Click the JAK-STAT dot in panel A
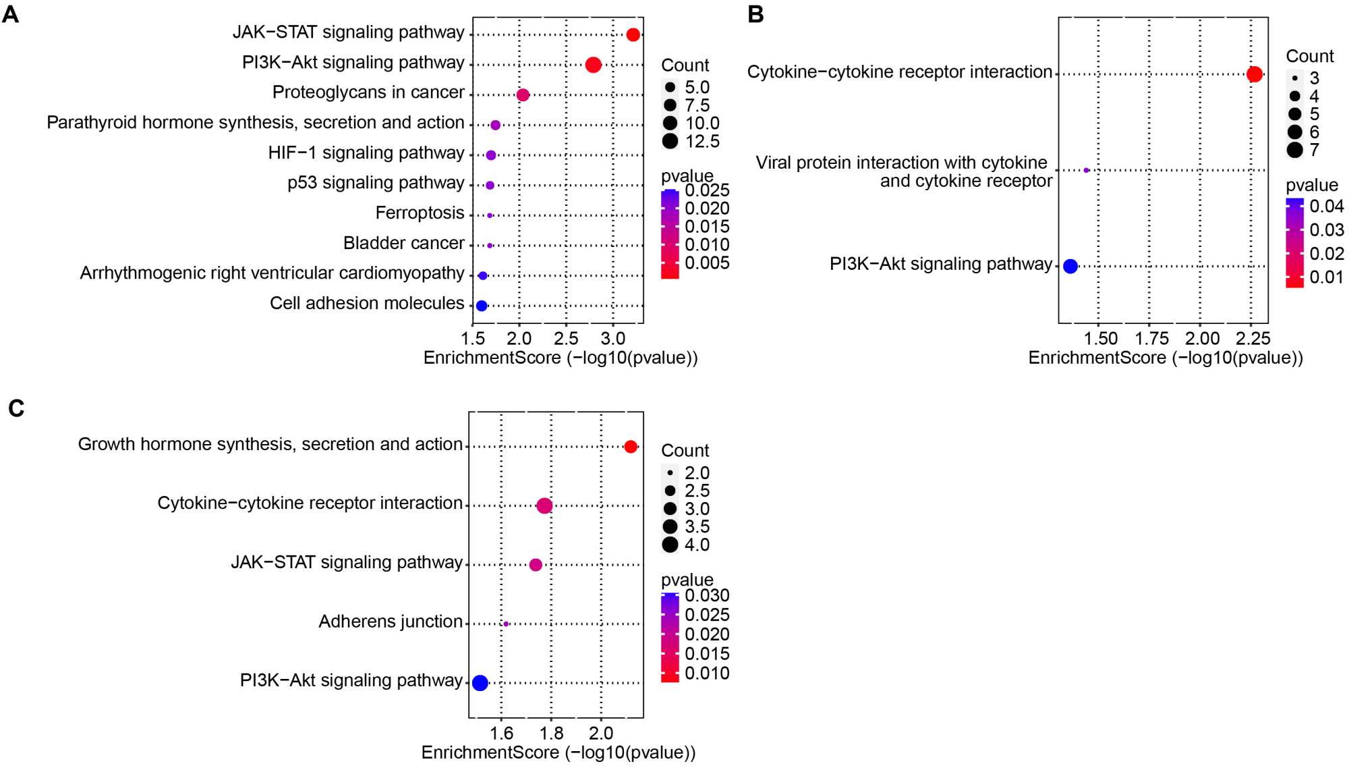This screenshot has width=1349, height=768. pyautogui.click(x=633, y=34)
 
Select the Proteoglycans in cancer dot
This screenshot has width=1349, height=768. pyautogui.click(x=523, y=95)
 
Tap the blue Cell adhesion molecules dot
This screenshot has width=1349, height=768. pyautogui.click(x=482, y=306)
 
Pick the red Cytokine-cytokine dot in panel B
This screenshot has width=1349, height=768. pyautogui.click(x=1255, y=74)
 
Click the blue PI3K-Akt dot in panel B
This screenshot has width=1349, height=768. pyautogui.click(x=1070, y=266)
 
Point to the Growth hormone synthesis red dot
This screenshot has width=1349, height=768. pyautogui.click(x=631, y=447)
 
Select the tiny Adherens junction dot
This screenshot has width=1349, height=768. pyautogui.click(x=506, y=624)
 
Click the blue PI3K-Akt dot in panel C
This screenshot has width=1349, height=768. pyautogui.click(x=480, y=683)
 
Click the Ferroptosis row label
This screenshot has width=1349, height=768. pyautogui.click(x=420, y=213)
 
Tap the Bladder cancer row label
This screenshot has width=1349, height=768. pyautogui.click(x=403, y=243)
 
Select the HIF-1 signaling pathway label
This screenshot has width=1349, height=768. pyautogui.click(x=366, y=153)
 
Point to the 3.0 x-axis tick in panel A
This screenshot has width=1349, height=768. pyautogui.click(x=612, y=339)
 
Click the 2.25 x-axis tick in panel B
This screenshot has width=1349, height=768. pyautogui.click(x=1253, y=339)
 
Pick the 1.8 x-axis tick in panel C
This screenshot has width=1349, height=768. pyautogui.click(x=551, y=734)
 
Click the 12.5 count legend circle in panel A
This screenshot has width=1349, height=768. pyautogui.click(x=670, y=141)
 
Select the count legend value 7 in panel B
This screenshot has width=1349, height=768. pyautogui.click(x=1314, y=150)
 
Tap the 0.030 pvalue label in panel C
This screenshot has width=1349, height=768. pyautogui.click(x=707, y=595)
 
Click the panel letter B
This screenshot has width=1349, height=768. pyautogui.click(x=755, y=14)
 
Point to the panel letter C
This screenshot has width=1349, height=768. pyautogui.click(x=16, y=408)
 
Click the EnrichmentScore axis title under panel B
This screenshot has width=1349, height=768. pyautogui.click(x=1165, y=358)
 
